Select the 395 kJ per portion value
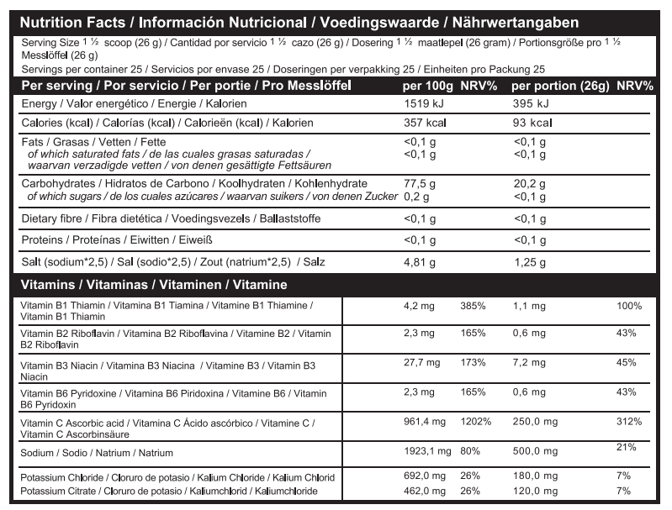[x=530, y=103]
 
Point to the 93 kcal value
[x=532, y=123]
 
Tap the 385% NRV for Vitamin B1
[x=473, y=307]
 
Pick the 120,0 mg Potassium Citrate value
[x=532, y=490]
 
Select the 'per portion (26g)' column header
[x=560, y=86]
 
